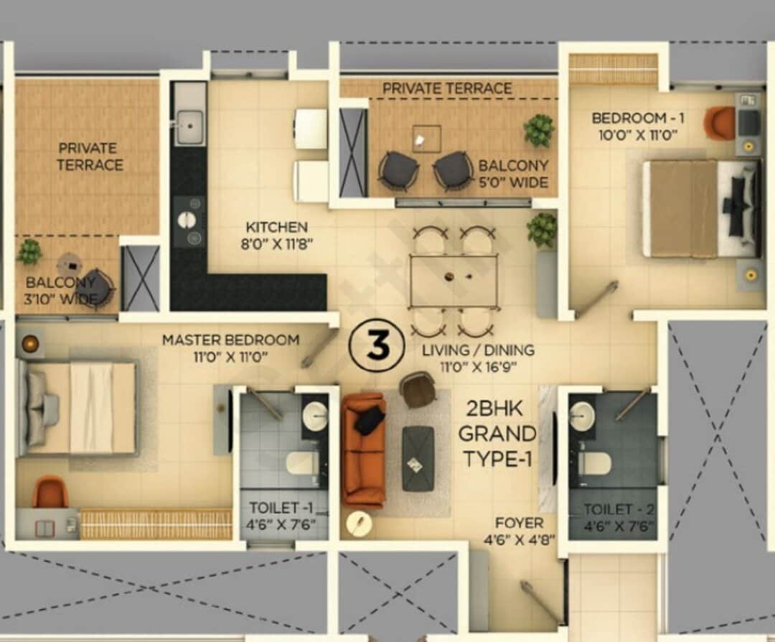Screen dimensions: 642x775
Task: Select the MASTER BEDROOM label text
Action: [230, 340]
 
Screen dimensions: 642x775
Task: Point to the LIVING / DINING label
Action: [478, 350]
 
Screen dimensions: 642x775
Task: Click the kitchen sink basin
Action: [190, 128]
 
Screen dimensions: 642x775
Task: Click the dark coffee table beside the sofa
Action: [418, 458]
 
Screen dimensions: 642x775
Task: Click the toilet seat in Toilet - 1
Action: [303, 463]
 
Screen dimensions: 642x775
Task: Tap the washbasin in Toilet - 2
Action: [582, 417]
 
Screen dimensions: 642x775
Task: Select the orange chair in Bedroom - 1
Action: [719, 123]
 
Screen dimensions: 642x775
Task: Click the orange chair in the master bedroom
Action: [50, 492]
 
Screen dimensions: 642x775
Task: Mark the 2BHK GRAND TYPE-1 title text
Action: [497, 436]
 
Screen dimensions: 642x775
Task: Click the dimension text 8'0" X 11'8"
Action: [277, 243]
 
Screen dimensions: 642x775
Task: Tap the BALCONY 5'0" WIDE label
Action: [513, 174]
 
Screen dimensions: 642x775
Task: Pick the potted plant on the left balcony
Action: [29, 251]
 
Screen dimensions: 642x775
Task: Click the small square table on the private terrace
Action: [426, 138]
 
